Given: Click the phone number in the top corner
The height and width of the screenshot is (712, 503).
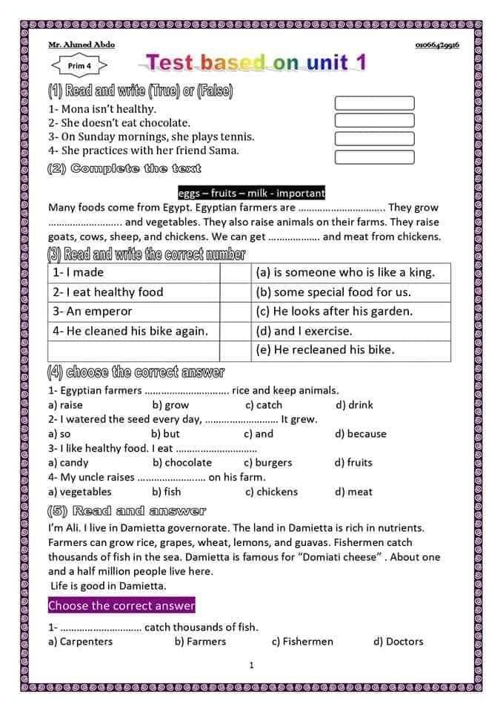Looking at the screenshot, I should tap(437, 45).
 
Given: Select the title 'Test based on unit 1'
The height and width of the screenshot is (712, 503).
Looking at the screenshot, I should tap(256, 62).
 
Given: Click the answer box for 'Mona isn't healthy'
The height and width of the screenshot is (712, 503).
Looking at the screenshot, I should tap(374, 103).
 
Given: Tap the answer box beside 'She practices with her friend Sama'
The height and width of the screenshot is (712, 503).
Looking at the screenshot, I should tap(374, 156).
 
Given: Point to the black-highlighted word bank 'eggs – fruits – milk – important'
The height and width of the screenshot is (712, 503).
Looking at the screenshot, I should tap(251, 194).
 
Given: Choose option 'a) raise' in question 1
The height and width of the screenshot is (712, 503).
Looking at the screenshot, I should tap(65, 405).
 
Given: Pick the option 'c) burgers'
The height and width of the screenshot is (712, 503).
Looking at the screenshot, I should tap(268, 463).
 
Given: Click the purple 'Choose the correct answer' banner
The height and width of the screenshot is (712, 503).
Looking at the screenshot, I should tap(121, 606).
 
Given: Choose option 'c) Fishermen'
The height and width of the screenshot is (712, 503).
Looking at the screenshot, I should tap(302, 642).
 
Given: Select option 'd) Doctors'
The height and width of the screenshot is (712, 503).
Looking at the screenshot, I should tap(399, 642).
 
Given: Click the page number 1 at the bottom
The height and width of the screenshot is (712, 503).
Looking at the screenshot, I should tap(251, 665).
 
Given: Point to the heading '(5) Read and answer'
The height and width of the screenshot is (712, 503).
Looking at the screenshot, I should tap(127, 511).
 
